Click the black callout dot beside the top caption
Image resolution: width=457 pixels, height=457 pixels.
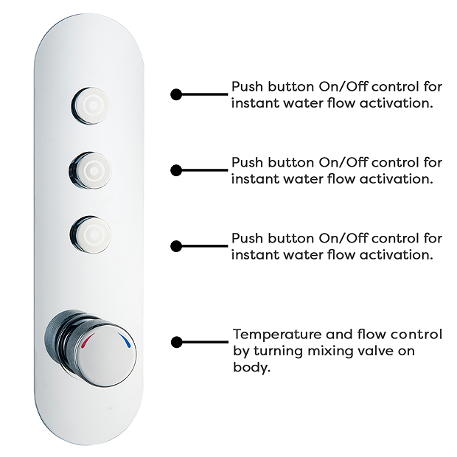point(176,94)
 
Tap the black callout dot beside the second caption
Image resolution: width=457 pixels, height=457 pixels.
point(176,170)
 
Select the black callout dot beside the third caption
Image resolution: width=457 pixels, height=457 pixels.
point(176,246)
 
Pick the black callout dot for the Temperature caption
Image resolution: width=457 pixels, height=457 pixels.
point(176,341)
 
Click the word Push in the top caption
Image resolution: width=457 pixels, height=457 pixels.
point(247,86)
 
